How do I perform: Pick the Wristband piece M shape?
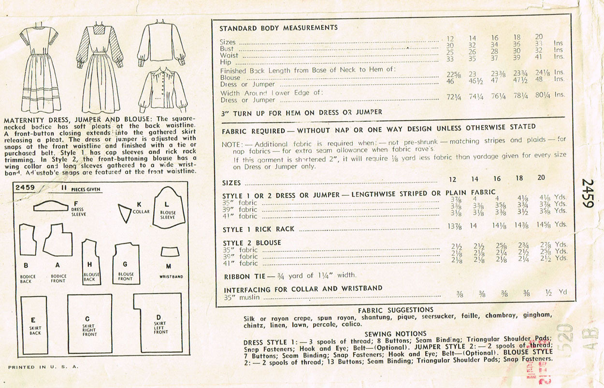pos(168,252)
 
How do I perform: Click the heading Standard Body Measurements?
pos(278,28)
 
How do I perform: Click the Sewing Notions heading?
pos(395,333)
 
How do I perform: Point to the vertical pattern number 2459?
pos(588,194)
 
